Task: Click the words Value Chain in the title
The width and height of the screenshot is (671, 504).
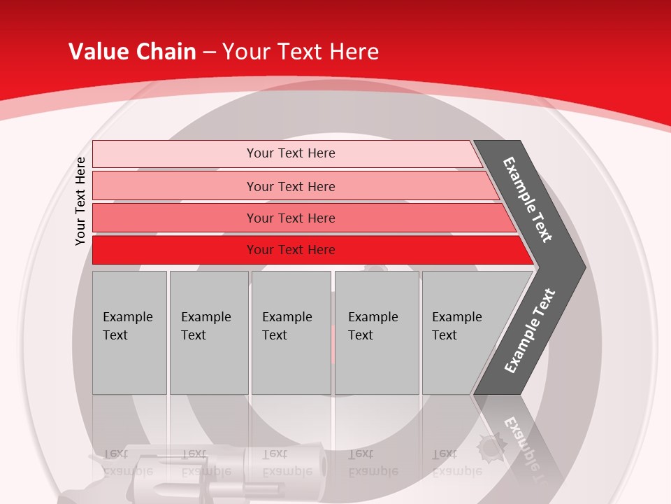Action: point(132,52)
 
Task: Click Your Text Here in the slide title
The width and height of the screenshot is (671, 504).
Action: point(301,52)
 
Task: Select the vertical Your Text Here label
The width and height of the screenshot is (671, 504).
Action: point(80,201)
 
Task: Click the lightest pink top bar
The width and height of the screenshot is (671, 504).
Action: point(291,153)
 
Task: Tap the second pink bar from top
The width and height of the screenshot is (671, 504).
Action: point(291,186)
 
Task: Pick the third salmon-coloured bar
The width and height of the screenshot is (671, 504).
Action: point(291,218)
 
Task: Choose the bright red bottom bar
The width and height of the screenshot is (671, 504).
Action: point(291,250)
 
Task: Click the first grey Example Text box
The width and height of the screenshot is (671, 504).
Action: point(129,332)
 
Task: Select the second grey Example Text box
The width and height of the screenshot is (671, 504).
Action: point(208,332)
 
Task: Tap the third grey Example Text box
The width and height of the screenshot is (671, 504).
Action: point(291,332)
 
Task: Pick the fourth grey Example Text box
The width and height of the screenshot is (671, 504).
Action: point(376,332)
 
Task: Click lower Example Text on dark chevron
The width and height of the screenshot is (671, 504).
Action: point(530,330)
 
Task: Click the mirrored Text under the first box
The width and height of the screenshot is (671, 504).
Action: point(115,453)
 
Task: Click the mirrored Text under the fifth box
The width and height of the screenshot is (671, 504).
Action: point(445,454)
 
